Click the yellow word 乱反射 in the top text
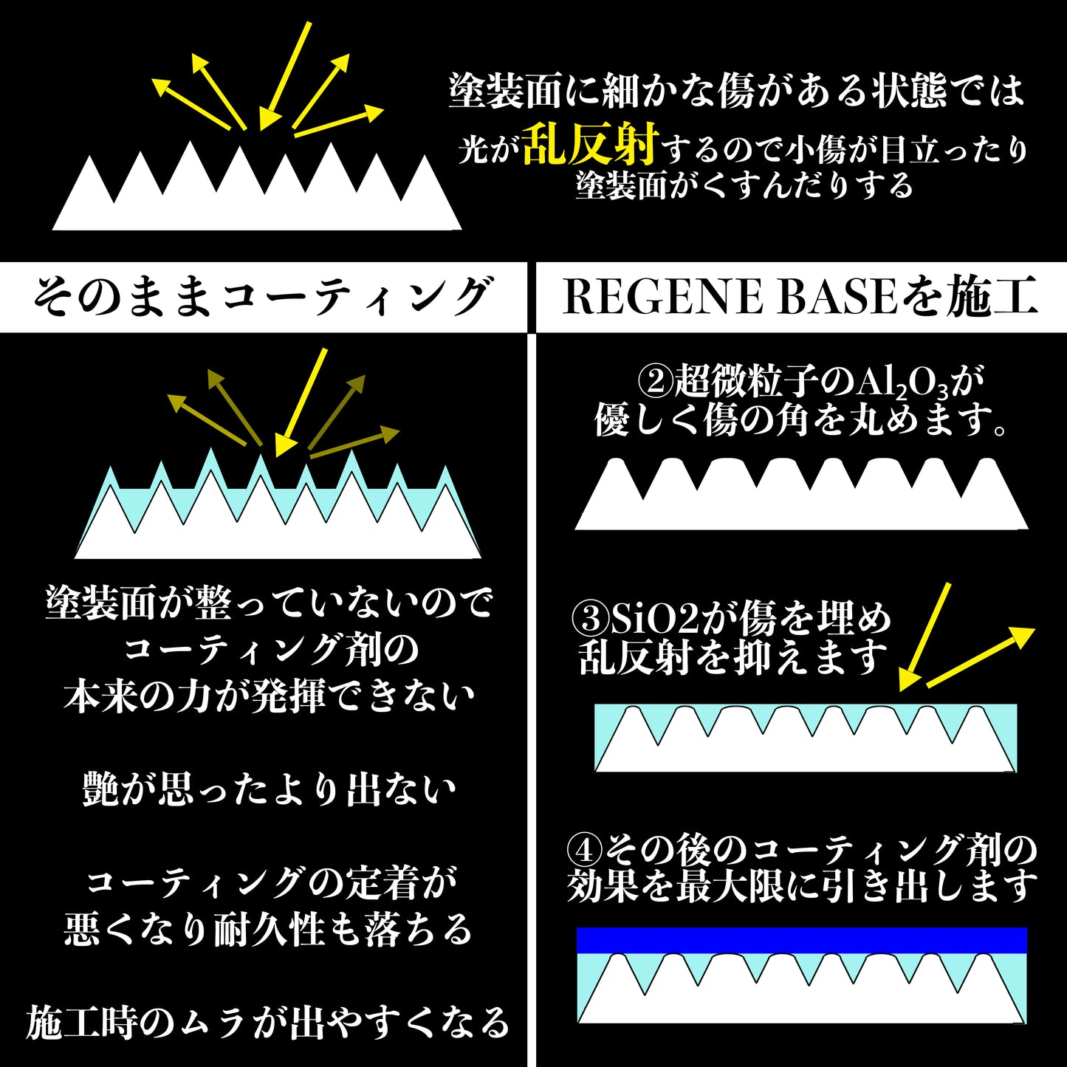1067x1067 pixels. [x=589, y=144]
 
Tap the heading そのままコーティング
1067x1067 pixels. [x=262, y=297]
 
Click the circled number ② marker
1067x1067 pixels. [x=654, y=382]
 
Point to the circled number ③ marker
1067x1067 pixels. [x=591, y=620]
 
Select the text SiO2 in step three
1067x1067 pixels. [x=654, y=620]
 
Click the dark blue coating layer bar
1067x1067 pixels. [x=801, y=940]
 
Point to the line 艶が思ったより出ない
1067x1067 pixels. [x=270, y=790]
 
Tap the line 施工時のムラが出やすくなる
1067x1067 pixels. [x=268, y=1023]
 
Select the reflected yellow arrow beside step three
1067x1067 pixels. [x=979, y=657]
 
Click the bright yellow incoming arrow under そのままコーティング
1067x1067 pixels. [x=301, y=402]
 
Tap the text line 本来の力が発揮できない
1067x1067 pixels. [x=270, y=696]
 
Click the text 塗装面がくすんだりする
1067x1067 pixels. [x=744, y=185]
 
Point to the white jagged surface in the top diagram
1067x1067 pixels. [x=257, y=199]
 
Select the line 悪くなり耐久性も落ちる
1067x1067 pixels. [x=268, y=929]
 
